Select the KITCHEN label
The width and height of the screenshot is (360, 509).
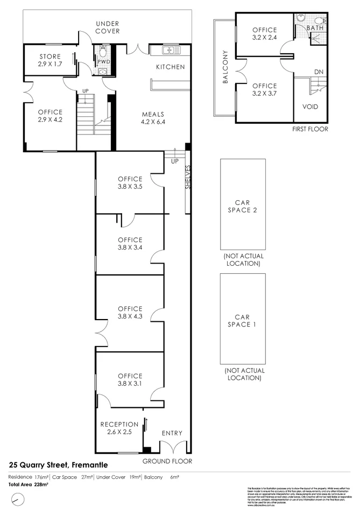tap(170, 67)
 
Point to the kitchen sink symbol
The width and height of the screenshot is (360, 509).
tap(168, 51)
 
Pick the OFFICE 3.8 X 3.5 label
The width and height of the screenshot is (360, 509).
tap(130, 183)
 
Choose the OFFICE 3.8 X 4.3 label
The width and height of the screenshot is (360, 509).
tap(130, 313)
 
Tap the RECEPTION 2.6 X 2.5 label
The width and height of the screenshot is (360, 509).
tap(119, 428)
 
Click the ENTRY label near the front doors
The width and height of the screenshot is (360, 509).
tap(172, 433)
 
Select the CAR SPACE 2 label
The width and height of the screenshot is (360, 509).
tap(242, 206)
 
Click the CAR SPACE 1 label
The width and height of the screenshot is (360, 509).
tap(242, 321)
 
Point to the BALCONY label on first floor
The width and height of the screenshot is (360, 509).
tap(225, 68)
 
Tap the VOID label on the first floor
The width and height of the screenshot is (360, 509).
tap(310, 107)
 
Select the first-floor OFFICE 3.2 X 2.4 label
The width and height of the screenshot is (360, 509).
tap(264, 34)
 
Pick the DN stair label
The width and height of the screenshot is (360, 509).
tap(319, 71)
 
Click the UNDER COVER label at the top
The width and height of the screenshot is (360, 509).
tap(108, 27)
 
